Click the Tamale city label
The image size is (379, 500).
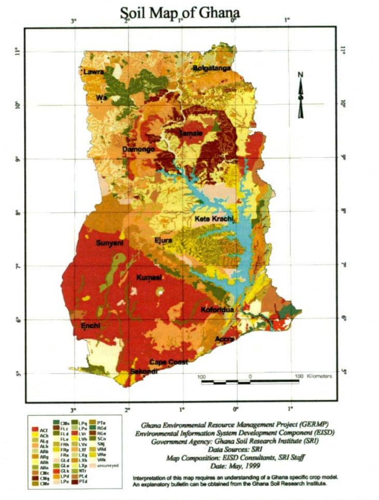click(190, 133)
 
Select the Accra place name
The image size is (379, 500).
click(224, 339)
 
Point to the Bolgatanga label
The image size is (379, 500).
click(212, 68)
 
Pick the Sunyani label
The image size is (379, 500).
click(110, 243)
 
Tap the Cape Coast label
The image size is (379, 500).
click(168, 362)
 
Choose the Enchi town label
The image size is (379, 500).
click(90, 326)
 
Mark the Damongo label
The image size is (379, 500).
click(139, 149)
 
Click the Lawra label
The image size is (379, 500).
click(94, 72)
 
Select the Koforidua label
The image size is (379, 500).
click(217, 309)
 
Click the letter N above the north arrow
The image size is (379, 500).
click(301, 74)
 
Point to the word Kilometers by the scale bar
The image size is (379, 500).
click(319, 376)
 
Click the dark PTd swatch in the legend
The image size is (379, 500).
click(74, 482)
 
